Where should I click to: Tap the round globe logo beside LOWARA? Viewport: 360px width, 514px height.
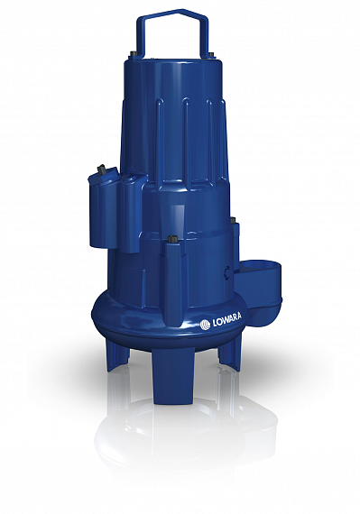[x=205, y=325]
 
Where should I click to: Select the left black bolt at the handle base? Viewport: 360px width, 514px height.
[x=134, y=54]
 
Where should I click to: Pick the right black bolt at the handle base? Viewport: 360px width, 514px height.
[x=211, y=55]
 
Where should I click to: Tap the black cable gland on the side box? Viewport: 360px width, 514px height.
[x=102, y=170]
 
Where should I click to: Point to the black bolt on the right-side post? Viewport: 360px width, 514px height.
[x=234, y=221]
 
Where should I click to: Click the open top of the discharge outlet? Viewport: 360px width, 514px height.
[x=262, y=265]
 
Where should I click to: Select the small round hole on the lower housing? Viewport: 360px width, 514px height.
[x=227, y=271]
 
